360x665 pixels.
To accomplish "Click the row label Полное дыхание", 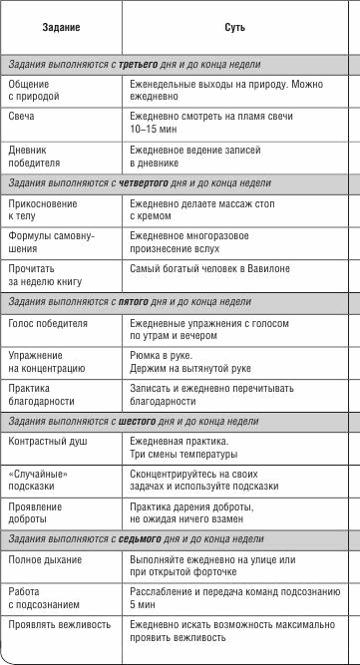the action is point(44,560).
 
